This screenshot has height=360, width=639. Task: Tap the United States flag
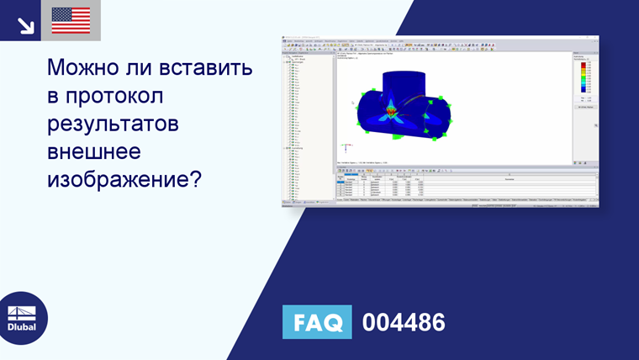[71, 20]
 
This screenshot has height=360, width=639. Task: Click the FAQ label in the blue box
[318, 323]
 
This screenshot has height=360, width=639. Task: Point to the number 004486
[403, 323]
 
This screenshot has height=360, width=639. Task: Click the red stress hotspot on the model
[390, 109]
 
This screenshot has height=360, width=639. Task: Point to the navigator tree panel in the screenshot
[307, 126]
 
